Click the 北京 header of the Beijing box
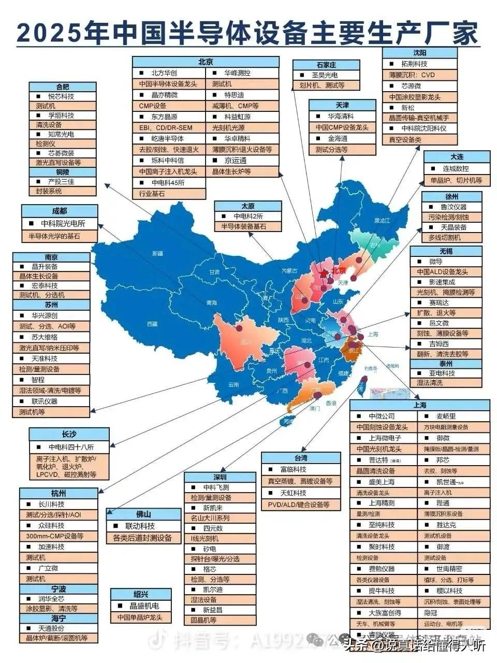206,62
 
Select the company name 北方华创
164,73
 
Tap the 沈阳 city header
420,53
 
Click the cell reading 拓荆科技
415,64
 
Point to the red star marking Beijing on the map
324,272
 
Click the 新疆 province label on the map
157,253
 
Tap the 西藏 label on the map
152,324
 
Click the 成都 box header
60,211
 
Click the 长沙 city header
69,434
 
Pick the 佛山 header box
143,514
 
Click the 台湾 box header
301,458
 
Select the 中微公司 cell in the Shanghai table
382,416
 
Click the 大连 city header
457,156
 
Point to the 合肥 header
63,87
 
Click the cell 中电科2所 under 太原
248,216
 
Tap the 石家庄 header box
326,65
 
